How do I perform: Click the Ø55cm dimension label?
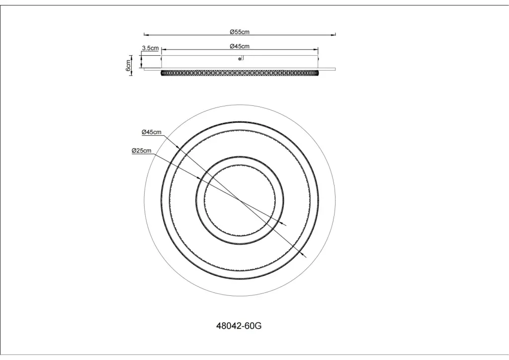240,32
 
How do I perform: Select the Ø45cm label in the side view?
240,46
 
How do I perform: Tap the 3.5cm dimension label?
150,48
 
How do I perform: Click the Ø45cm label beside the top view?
151,132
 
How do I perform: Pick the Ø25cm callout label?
142,151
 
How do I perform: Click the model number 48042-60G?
239,326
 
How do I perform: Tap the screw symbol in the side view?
240,59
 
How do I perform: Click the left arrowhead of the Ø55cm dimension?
146,34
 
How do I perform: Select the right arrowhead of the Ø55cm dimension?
334,34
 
